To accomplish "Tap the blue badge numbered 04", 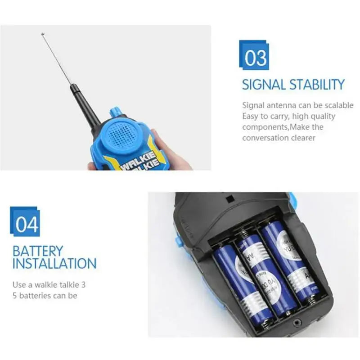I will pos(26,222).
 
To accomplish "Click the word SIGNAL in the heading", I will pos(264,85).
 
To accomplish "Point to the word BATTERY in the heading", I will pos(38,251).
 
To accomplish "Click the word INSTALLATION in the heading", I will pos(54,263).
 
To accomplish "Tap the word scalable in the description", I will pos(337,105).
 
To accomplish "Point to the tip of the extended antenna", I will pos(43,34).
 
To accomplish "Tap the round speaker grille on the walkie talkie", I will pos(120,134).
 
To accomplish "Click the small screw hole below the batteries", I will pos(297,322).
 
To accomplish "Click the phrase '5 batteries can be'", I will pos(45,296).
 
